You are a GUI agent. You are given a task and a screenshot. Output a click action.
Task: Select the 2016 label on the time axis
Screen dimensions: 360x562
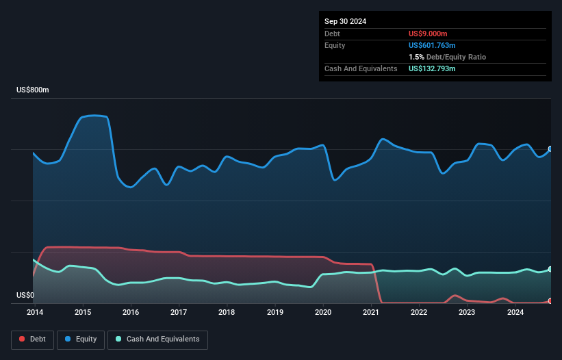tap(131, 313)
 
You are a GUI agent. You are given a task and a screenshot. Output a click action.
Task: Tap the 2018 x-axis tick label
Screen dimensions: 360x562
tap(227, 313)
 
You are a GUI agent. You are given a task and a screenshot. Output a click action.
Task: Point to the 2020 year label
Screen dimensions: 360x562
tap(323, 313)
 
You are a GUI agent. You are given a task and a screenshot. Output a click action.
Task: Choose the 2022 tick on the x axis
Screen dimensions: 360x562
tap(419, 313)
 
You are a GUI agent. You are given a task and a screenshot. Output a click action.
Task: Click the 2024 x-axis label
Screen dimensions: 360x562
tap(515, 313)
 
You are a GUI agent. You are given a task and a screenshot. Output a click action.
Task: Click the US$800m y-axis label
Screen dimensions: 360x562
tap(32, 90)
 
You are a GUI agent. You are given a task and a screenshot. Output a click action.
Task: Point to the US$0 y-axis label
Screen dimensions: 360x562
tap(25, 296)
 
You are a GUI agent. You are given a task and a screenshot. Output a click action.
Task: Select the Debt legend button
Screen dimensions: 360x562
tap(32, 339)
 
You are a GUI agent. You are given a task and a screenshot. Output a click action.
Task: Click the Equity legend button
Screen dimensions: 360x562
tap(81, 339)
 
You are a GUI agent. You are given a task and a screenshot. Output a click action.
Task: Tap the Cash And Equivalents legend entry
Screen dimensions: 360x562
tap(157, 339)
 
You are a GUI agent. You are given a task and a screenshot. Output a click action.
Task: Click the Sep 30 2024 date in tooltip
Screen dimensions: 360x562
tap(345, 21)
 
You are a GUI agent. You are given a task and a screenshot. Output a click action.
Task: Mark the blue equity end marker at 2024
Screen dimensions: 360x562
tap(550, 149)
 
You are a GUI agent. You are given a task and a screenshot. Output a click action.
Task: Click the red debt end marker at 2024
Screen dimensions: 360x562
tap(550, 301)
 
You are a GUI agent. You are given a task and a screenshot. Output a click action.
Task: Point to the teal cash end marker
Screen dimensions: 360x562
tap(550, 269)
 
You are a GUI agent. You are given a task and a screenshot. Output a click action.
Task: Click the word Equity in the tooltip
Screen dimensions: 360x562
tap(335, 45)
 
